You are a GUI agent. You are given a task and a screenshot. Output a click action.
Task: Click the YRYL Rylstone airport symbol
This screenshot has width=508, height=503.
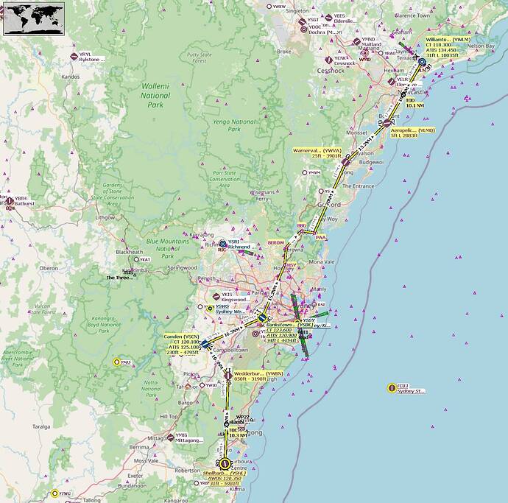pyautogui.click(x=72, y=56)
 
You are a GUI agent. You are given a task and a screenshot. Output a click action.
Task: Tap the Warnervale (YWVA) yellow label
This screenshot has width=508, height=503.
pyautogui.click(x=317, y=152)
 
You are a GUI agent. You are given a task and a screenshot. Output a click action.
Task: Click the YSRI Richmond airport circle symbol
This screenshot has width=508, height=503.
pyautogui.click(x=222, y=243)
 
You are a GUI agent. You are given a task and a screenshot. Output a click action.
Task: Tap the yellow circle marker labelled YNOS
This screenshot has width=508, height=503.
pyautogui.click(x=116, y=362)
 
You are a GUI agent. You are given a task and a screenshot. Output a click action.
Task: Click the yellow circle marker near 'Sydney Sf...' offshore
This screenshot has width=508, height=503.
pyautogui.click(x=390, y=387)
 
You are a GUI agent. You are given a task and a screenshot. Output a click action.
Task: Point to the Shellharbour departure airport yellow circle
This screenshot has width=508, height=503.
pyautogui.click(x=225, y=464)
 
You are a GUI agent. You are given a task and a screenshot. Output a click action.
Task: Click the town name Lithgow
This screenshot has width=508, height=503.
pyautogui.click(x=106, y=218)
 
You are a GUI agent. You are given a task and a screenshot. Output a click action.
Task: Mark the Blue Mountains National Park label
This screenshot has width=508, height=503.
pyautogui.click(x=167, y=245)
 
